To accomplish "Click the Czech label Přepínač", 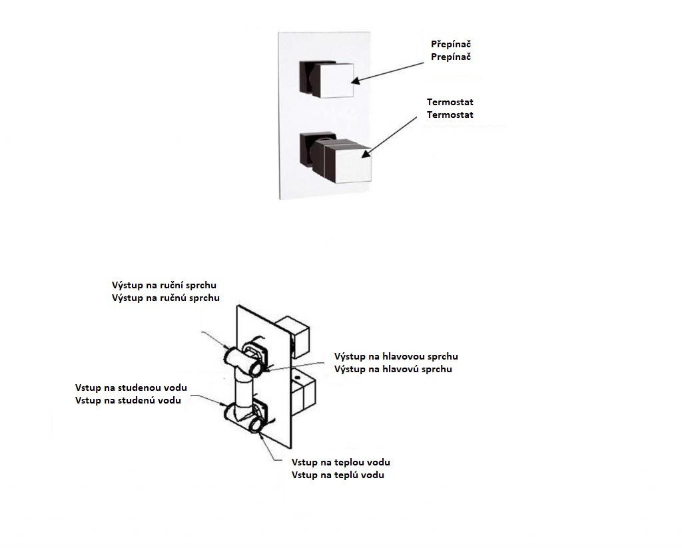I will tap(451, 44).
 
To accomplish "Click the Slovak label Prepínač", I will tap(451, 57).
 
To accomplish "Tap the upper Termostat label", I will tap(450, 102).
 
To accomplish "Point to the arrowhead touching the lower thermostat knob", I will tap(364, 155).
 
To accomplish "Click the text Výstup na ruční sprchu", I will tap(164, 285).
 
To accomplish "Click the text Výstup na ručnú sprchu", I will tap(165, 298).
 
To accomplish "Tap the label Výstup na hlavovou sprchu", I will tap(396, 356).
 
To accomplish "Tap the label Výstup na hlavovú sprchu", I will tap(393, 369).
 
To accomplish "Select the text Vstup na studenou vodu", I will tap(131, 388).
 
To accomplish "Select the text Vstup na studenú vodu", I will tap(129, 400).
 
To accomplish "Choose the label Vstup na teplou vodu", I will tap(341, 462).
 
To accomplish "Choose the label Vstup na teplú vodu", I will tap(338, 475).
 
